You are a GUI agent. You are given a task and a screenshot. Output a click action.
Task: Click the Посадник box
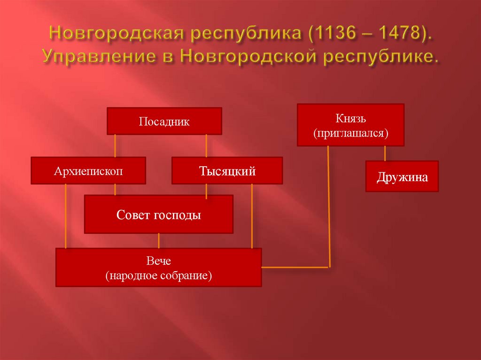tap(164, 122)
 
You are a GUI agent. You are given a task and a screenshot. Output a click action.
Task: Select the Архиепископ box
tap(88, 171)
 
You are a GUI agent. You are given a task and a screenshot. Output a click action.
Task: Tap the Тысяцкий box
tap(227, 171)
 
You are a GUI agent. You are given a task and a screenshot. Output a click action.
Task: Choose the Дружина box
tap(402, 177)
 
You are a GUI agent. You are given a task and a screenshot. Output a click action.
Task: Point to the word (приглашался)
tap(350, 133)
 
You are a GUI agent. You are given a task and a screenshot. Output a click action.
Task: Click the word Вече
tap(158, 260)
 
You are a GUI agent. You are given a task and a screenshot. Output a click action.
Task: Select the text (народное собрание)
tap(159, 275)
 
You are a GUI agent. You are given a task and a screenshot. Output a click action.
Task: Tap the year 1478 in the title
tap(396, 34)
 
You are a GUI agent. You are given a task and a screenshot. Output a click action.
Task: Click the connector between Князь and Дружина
tap(385, 153)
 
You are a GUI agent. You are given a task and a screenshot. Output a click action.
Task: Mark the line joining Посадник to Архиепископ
tap(115, 146)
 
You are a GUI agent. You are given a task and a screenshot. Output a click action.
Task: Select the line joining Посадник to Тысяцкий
tap(206, 146)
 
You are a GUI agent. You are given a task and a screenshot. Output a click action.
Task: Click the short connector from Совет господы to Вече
tap(159, 241)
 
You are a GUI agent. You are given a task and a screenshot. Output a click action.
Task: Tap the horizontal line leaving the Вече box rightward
tap(295, 267)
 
